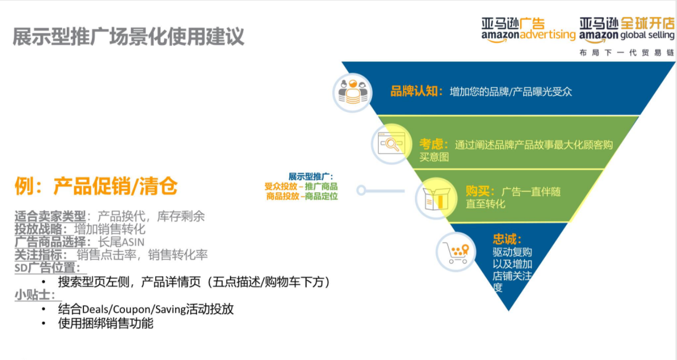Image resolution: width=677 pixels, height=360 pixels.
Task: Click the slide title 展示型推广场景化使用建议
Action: (x=128, y=37)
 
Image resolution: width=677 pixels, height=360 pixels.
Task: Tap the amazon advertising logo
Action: (x=528, y=30)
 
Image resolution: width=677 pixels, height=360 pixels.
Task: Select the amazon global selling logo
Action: (x=627, y=30)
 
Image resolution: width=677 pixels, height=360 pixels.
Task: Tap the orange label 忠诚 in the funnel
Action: (x=507, y=239)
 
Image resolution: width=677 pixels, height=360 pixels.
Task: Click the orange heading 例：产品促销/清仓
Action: (x=96, y=186)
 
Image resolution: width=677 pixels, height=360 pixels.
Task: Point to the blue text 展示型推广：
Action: (x=311, y=176)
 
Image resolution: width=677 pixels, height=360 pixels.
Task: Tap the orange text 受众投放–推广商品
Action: (x=301, y=187)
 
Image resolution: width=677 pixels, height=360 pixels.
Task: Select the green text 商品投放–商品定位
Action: (x=302, y=196)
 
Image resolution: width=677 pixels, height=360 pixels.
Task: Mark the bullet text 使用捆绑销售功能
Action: (x=106, y=323)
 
